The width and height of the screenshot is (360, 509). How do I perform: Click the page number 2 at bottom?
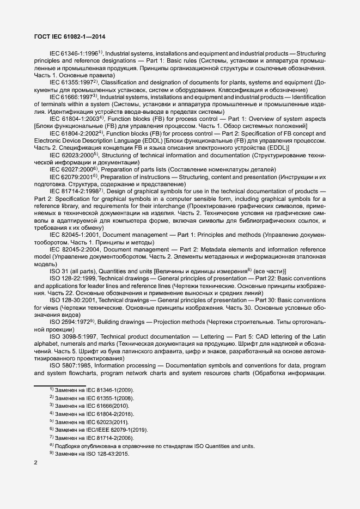[x=36, y=463]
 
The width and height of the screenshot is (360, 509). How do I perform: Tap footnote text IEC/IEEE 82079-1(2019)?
[x=119, y=430]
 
